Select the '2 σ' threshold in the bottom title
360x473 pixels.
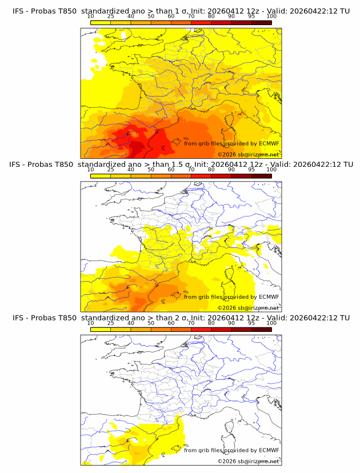coord(184,318)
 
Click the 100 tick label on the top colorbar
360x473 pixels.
coord(271,17)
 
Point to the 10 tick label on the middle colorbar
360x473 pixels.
coord(90,170)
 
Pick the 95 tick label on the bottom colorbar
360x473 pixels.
coord(251,323)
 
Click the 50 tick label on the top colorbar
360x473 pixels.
coord(151,17)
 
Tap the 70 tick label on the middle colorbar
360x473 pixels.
coord(191,170)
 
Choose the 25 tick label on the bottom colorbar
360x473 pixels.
coord(110,323)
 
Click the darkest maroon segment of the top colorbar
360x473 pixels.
coord(261,22)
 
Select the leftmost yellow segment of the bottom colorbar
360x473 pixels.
coord(100,329)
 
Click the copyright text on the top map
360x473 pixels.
coord(248,154)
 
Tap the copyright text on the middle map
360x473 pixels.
coord(248,307)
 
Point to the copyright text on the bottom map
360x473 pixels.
coord(248,461)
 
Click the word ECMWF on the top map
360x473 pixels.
coord(269,143)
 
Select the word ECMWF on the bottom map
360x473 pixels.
coord(269,450)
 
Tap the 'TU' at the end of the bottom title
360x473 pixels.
coord(345,318)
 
